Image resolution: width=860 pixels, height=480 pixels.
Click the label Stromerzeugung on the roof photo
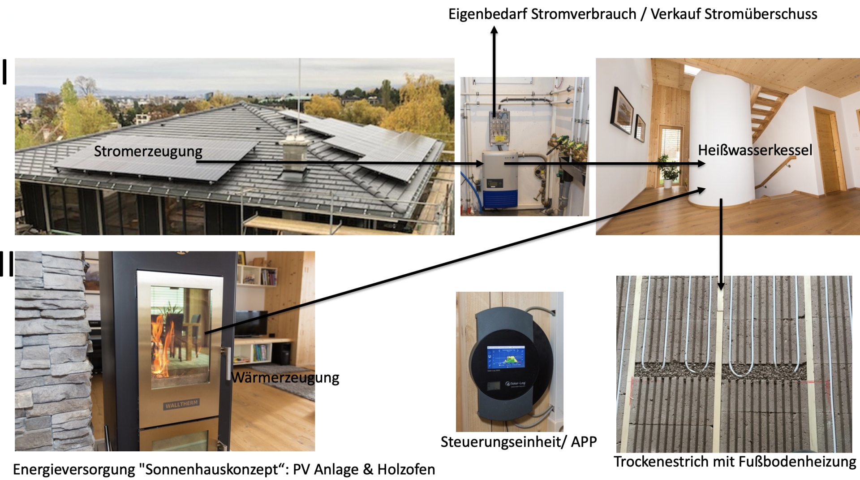148,151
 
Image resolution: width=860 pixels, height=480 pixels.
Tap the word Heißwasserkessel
755,150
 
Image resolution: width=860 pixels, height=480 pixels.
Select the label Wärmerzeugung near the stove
285,378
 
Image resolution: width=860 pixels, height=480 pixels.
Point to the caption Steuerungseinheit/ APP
518,442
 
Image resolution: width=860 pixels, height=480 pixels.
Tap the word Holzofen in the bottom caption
406,469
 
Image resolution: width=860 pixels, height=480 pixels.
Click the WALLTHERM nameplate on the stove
181,404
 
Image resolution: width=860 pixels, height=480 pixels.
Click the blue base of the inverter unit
500,198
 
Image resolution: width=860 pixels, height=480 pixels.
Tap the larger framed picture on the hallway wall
622,110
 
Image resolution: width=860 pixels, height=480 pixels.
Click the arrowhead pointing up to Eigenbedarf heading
494,30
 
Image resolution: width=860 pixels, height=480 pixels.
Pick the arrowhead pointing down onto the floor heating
721,285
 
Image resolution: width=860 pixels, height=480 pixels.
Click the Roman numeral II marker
7,264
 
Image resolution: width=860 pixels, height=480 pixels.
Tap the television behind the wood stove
251,323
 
